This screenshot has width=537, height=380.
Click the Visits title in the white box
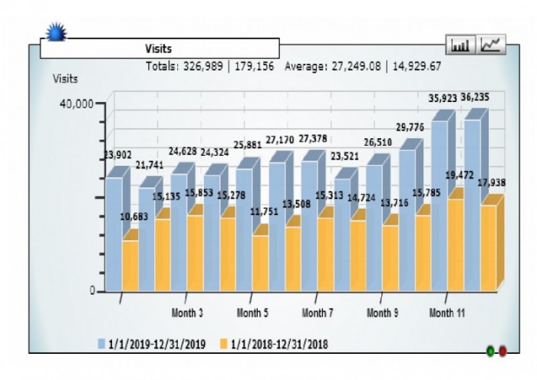159,48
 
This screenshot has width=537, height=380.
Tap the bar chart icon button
460,45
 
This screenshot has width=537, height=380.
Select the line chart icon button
491,45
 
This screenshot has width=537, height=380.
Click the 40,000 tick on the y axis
77,104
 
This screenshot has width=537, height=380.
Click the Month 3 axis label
187,313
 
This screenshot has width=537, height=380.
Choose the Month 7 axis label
318,313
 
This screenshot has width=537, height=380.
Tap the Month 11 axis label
447,313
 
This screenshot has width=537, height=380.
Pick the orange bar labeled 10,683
130,265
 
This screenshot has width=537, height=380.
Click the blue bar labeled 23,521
342,230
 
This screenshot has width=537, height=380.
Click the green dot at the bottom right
490,352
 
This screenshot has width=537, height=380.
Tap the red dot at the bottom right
502,352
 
